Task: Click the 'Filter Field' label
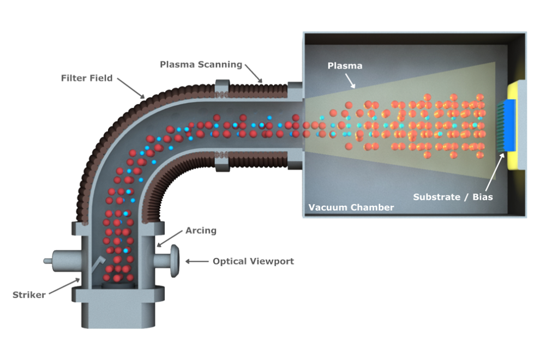[87, 78]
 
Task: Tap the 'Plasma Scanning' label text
[201, 64]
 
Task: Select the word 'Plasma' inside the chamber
[344, 65]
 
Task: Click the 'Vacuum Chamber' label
[351, 207]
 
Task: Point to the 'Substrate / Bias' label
[453, 197]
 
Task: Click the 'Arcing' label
[201, 231]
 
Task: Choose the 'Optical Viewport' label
[253, 261]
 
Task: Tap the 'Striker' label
[29, 295]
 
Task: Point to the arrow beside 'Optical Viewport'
[197, 261]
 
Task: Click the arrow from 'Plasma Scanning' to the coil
[253, 74]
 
